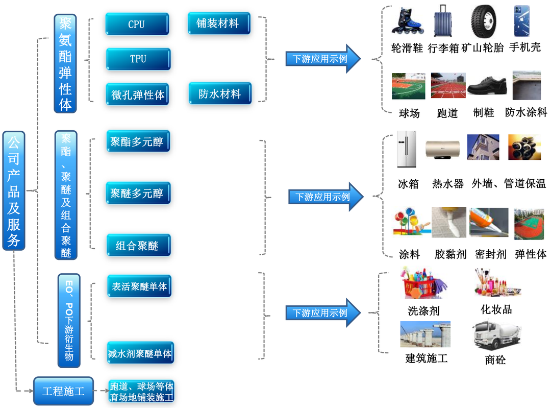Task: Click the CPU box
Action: [137, 24]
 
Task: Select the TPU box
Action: [138, 59]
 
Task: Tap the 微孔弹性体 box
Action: [138, 94]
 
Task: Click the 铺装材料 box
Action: [219, 23]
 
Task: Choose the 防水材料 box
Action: [219, 94]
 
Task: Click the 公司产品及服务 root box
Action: [13, 190]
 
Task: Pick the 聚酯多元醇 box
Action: [138, 141]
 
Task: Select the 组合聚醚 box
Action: [138, 246]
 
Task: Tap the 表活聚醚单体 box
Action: [139, 286]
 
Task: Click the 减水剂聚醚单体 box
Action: [140, 353]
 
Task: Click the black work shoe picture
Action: [486, 86]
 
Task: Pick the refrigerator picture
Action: [407, 150]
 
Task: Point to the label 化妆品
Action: [496, 309]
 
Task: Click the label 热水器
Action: [447, 184]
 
